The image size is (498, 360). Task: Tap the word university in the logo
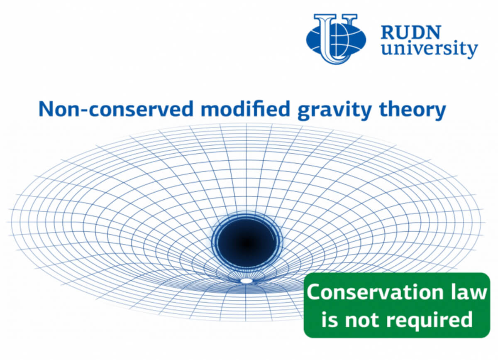point(429,50)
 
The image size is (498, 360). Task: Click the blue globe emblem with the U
point(336,38)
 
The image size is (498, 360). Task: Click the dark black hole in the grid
point(247,241)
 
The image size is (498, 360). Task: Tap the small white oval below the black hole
point(247,281)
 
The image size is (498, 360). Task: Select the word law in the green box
point(469,293)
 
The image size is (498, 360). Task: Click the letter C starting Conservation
point(314,293)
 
